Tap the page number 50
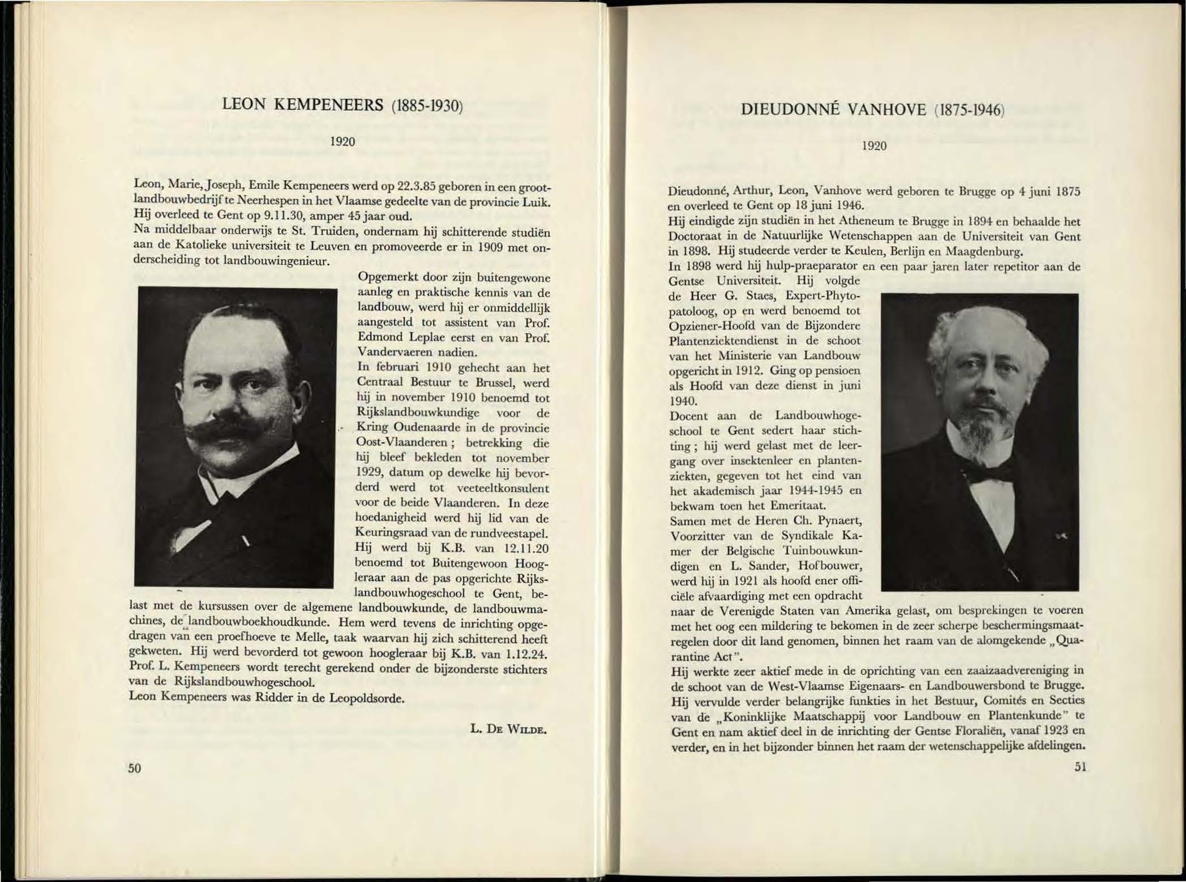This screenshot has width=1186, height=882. click(134, 768)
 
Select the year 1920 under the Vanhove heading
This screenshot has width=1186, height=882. click(874, 146)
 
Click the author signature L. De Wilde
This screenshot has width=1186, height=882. click(508, 730)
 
